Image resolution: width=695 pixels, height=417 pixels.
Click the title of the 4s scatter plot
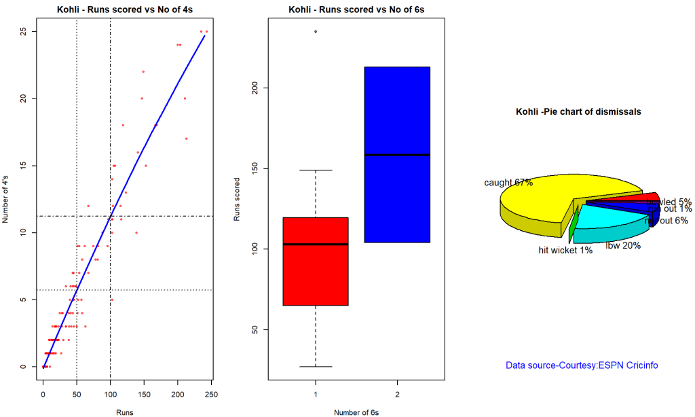[123, 9]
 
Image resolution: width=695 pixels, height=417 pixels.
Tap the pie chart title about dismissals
[578, 111]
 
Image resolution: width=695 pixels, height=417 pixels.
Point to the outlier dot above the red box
[316, 31]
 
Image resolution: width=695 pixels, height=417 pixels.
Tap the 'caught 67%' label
[508, 183]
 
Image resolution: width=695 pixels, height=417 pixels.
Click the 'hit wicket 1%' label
[565, 251]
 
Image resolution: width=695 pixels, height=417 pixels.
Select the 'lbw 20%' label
[623, 245]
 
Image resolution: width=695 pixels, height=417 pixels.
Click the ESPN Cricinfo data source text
[582, 365]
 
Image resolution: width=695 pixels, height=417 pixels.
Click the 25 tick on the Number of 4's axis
[22, 31]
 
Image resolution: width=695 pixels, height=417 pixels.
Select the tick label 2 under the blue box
[397, 393]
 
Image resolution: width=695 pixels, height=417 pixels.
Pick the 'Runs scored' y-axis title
[237, 200]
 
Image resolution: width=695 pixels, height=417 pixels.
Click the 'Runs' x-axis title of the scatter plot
[123, 412]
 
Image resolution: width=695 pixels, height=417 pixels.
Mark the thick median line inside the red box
[316, 244]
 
